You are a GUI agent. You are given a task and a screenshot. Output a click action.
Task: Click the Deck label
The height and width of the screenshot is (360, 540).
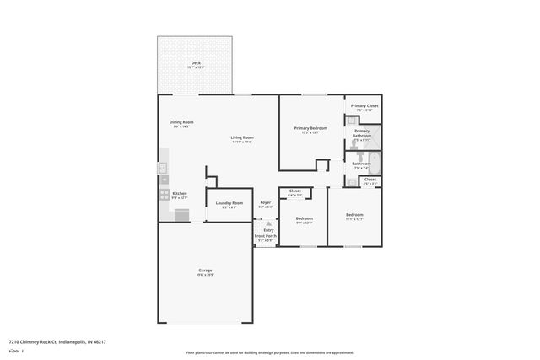point(196,63)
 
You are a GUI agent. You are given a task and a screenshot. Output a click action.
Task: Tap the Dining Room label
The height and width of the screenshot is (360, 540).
point(181,123)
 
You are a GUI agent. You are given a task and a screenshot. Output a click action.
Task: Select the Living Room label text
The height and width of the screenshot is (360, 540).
point(243,137)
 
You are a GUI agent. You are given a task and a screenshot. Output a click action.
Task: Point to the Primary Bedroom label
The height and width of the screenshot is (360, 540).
point(310,128)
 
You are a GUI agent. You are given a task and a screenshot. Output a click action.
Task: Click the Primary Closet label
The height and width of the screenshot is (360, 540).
point(364,106)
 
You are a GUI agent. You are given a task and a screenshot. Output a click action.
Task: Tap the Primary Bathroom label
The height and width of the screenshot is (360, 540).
point(362,133)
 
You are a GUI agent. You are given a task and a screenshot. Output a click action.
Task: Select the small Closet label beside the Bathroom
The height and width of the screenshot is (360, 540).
point(370,179)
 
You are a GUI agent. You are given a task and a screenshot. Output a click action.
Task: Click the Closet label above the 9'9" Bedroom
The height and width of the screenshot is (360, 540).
point(294,191)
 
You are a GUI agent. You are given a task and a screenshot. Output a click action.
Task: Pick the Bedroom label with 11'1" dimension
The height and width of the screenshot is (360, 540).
point(354,215)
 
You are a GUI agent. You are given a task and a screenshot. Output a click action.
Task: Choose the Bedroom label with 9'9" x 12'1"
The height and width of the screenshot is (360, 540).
point(305,218)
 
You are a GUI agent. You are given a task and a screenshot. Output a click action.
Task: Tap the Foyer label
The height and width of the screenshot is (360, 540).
point(265,203)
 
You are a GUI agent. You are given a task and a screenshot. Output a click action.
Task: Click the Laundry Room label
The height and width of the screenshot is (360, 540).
point(229,203)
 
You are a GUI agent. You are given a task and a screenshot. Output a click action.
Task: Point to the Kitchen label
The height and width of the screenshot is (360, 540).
point(180,194)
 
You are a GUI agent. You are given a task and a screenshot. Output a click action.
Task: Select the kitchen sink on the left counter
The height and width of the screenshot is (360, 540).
point(163,168)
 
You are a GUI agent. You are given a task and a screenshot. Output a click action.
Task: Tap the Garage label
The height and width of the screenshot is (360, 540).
point(205,271)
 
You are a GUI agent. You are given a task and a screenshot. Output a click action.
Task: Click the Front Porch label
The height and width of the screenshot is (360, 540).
point(266,236)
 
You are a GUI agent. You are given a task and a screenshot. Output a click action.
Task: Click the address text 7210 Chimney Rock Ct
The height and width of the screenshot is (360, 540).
point(42,342)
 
